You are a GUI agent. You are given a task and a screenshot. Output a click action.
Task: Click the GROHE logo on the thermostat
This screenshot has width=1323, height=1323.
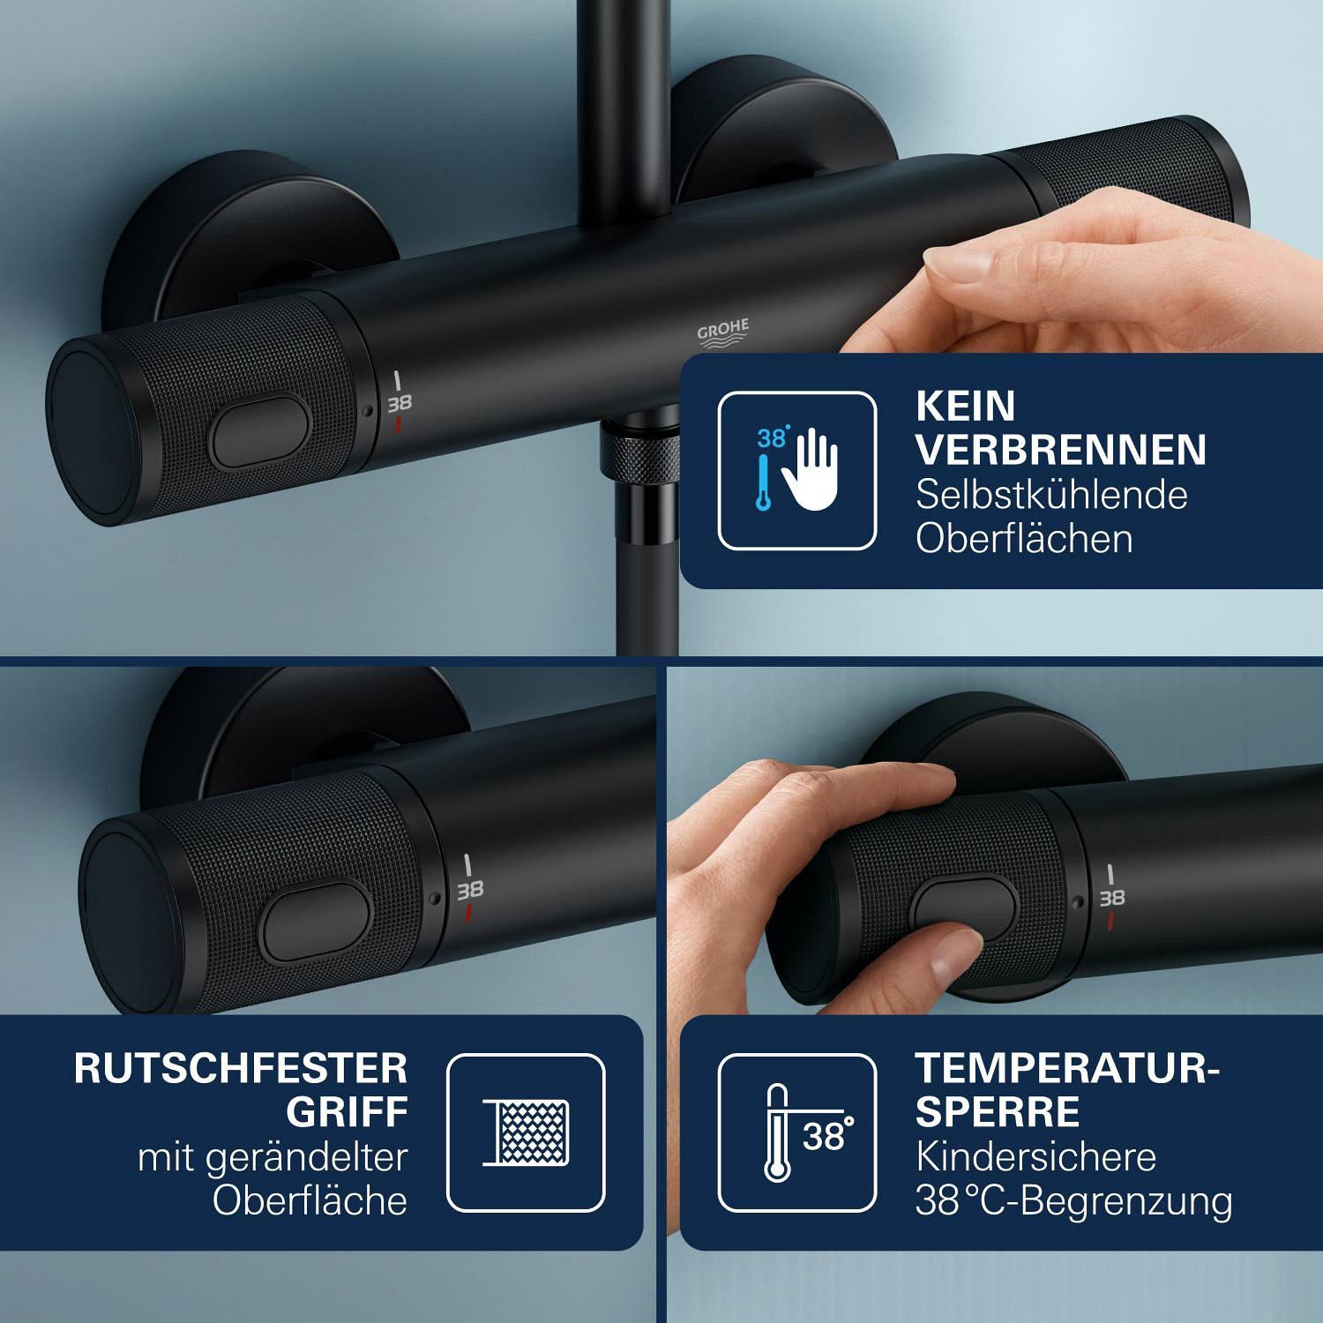point(723,333)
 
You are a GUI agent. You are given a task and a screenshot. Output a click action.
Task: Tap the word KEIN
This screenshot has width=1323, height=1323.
point(966,406)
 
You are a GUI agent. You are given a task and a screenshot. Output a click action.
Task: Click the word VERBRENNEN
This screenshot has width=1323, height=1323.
point(1061,450)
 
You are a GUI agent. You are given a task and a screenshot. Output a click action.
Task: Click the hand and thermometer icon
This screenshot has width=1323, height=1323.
point(797,470)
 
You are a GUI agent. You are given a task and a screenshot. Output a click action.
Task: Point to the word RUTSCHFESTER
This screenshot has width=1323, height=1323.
point(241,1068)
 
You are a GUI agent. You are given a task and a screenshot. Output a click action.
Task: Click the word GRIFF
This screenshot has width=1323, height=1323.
point(347,1112)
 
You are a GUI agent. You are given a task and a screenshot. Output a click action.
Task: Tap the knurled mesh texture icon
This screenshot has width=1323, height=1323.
point(526,1132)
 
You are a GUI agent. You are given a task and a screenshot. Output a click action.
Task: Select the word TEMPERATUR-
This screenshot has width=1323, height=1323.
point(1067,1068)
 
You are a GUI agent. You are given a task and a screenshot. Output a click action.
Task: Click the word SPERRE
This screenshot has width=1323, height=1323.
point(998,1112)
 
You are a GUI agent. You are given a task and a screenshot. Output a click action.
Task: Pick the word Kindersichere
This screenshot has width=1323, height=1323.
point(1035,1156)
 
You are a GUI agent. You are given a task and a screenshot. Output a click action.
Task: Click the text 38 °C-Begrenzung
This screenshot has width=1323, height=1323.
point(1074,1201)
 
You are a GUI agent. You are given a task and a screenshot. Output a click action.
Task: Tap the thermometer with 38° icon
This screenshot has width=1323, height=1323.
point(797,1132)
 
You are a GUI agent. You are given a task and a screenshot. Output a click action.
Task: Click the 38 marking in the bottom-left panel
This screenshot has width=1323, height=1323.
point(469,888)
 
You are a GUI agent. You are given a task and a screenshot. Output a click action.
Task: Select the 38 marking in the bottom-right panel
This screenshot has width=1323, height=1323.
point(1111,898)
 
